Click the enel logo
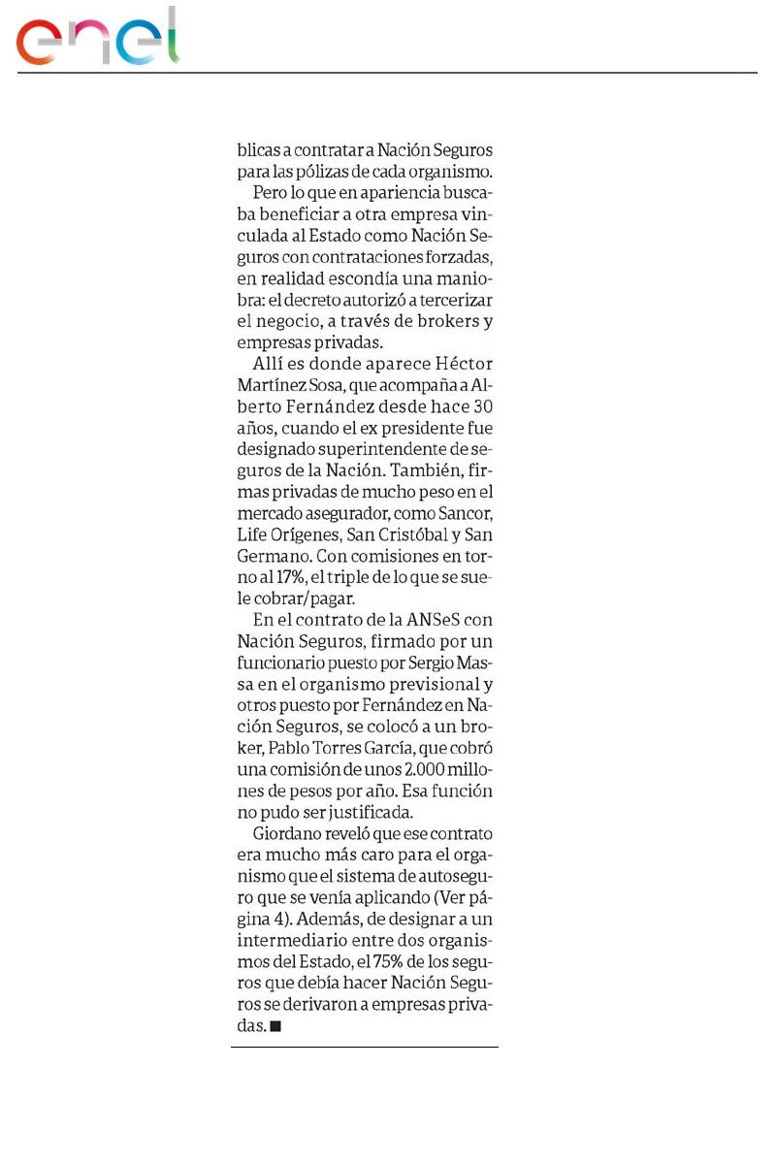tap(97, 39)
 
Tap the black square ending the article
tap(275, 1025)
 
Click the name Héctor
tap(459, 364)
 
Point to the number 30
tap(481, 406)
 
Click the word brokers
tap(445, 321)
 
